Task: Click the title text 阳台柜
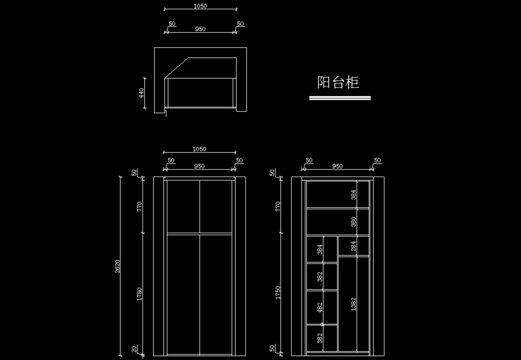pos(338,82)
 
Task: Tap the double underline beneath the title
pos(340,98)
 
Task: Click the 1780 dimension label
pos(139,294)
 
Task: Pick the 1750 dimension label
pos(278,293)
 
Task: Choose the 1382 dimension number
pos(353,304)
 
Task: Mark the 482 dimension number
pos(320,307)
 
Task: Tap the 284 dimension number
pos(353,246)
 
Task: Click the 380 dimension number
pos(353,222)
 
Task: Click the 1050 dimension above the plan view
pos(200,6)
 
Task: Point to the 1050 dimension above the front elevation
pos(199,149)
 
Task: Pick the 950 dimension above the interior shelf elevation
pos(337,166)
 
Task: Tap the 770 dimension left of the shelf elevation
pos(278,206)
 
